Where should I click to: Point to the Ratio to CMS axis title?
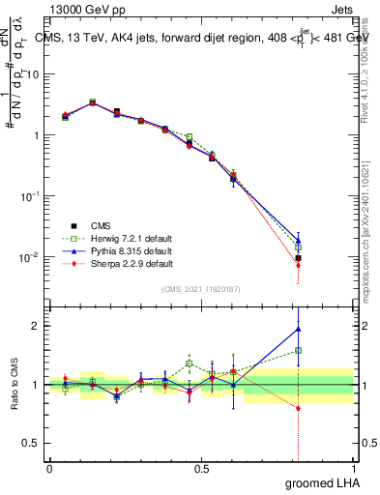[15, 385]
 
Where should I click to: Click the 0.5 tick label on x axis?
[201, 467]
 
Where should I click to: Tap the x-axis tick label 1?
[353, 467]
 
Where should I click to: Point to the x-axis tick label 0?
[49, 467]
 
